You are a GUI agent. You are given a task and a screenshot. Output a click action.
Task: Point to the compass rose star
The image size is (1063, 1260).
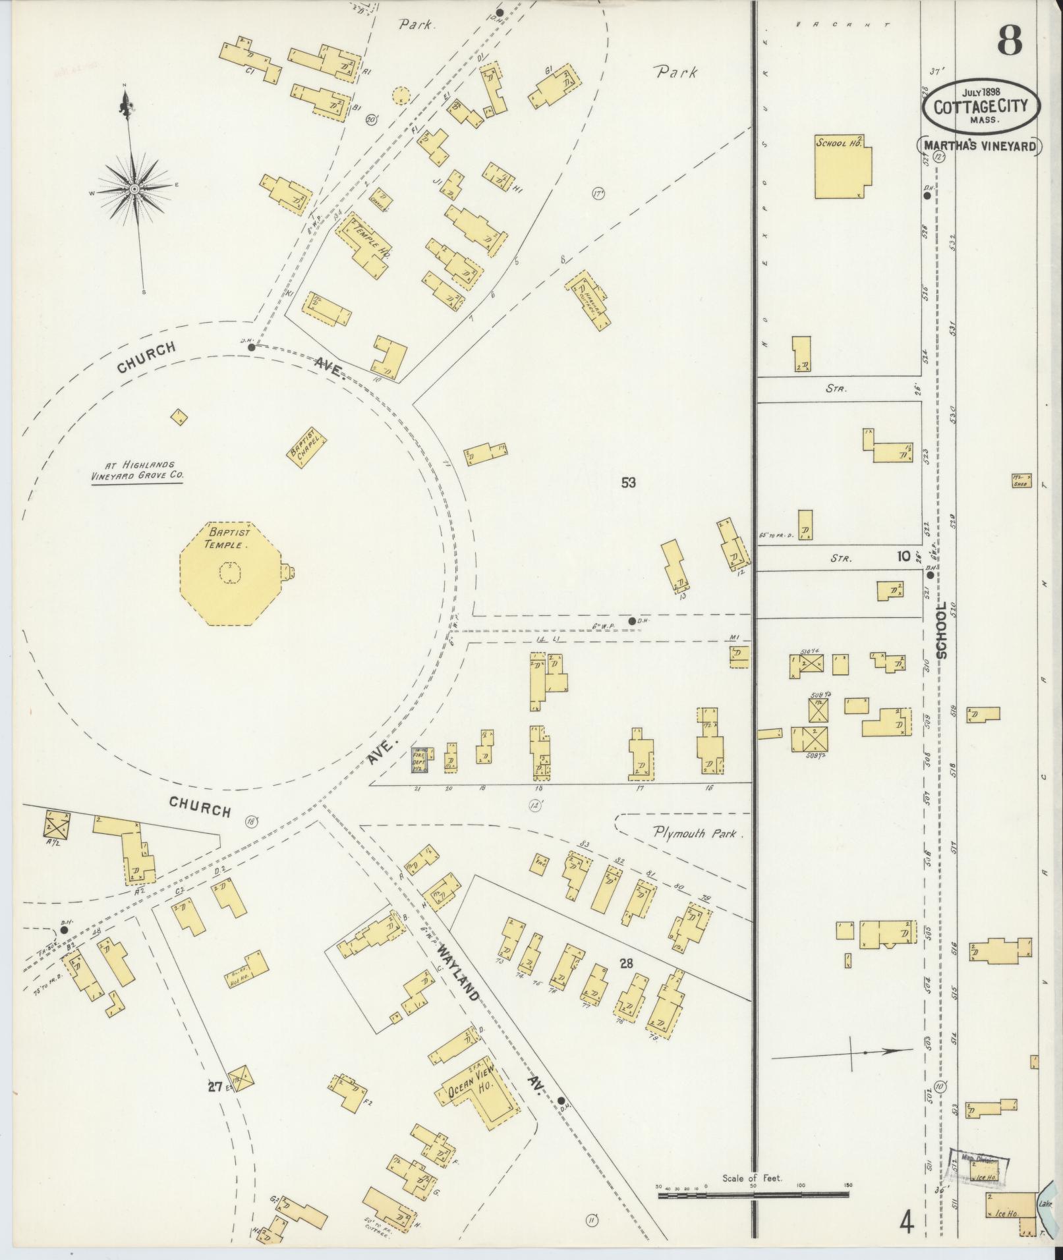click(134, 188)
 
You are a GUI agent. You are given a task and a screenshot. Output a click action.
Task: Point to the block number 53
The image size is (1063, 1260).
click(628, 483)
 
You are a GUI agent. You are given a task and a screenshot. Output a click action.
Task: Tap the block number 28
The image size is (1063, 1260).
click(625, 964)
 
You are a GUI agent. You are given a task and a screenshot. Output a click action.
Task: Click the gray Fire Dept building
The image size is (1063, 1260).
click(420, 759)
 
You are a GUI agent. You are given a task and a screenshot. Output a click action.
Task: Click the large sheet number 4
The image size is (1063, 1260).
click(908, 1222)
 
